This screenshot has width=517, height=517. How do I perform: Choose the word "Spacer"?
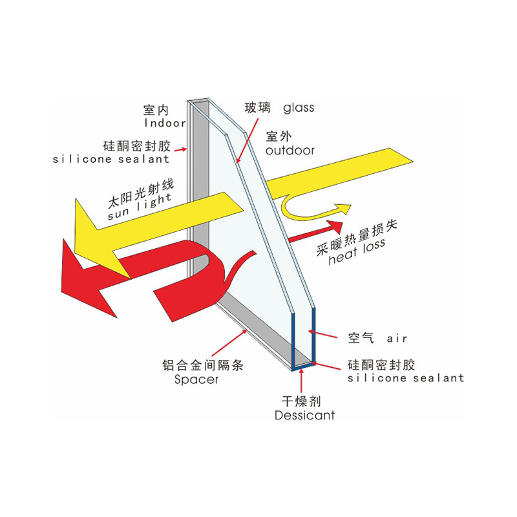196,379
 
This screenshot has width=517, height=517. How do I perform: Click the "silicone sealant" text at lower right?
406,378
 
